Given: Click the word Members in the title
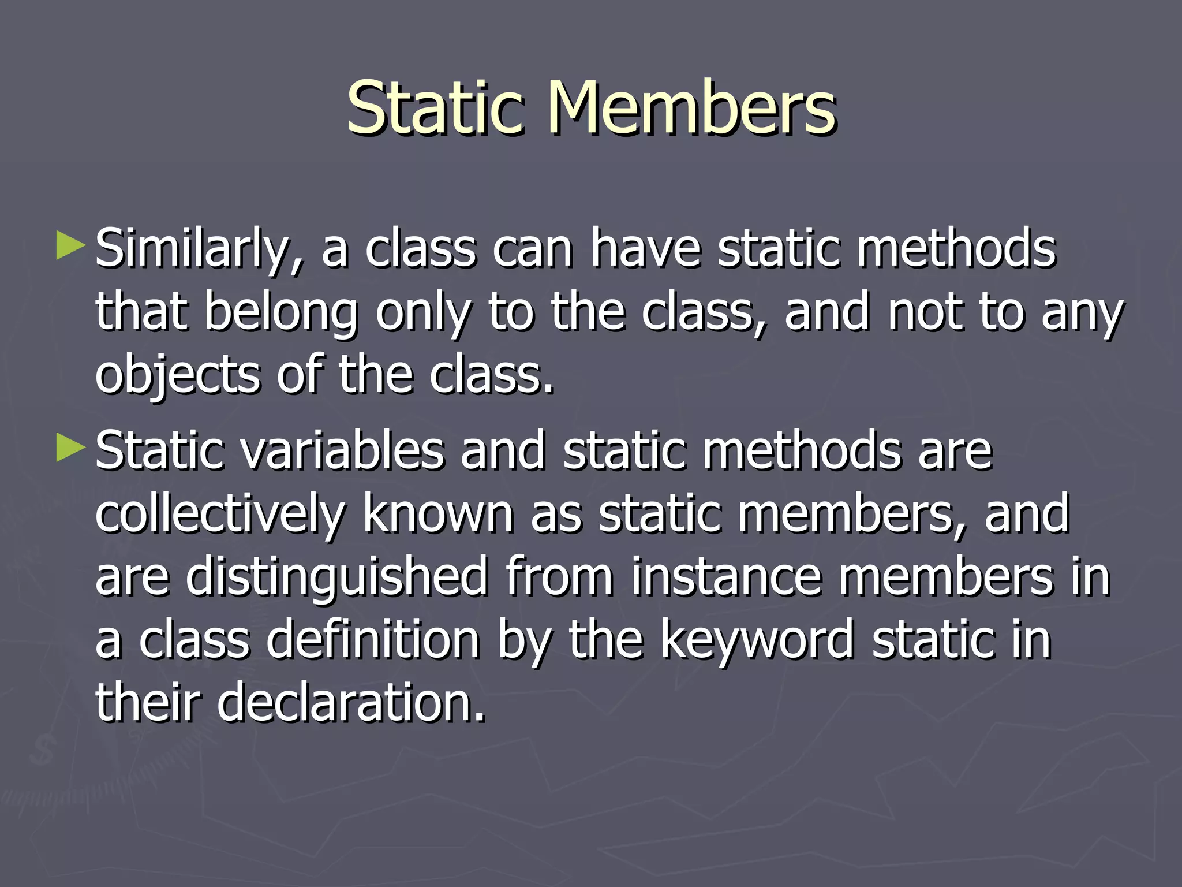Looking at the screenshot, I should tap(691, 108).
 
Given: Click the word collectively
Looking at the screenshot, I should tap(220, 515).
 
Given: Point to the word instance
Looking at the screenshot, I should tap(725, 577).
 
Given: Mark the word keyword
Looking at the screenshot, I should tap(756, 641).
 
